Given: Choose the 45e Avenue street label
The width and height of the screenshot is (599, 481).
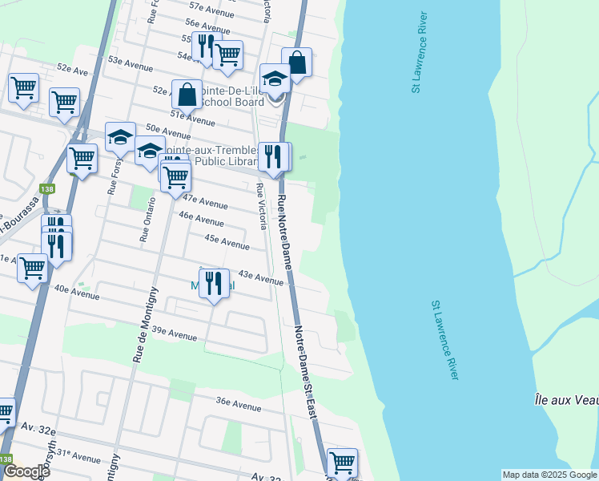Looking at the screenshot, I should click(x=227, y=241).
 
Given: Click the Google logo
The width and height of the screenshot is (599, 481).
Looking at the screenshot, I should click(x=26, y=471).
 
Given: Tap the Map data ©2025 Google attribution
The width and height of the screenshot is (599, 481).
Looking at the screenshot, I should click(x=549, y=475).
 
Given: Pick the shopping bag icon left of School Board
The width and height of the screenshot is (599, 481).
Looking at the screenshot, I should click(x=187, y=95).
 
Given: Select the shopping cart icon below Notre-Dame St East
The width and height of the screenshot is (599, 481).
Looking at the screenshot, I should click(x=342, y=463).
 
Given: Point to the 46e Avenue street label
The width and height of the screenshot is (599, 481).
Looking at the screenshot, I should click(x=201, y=220).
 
